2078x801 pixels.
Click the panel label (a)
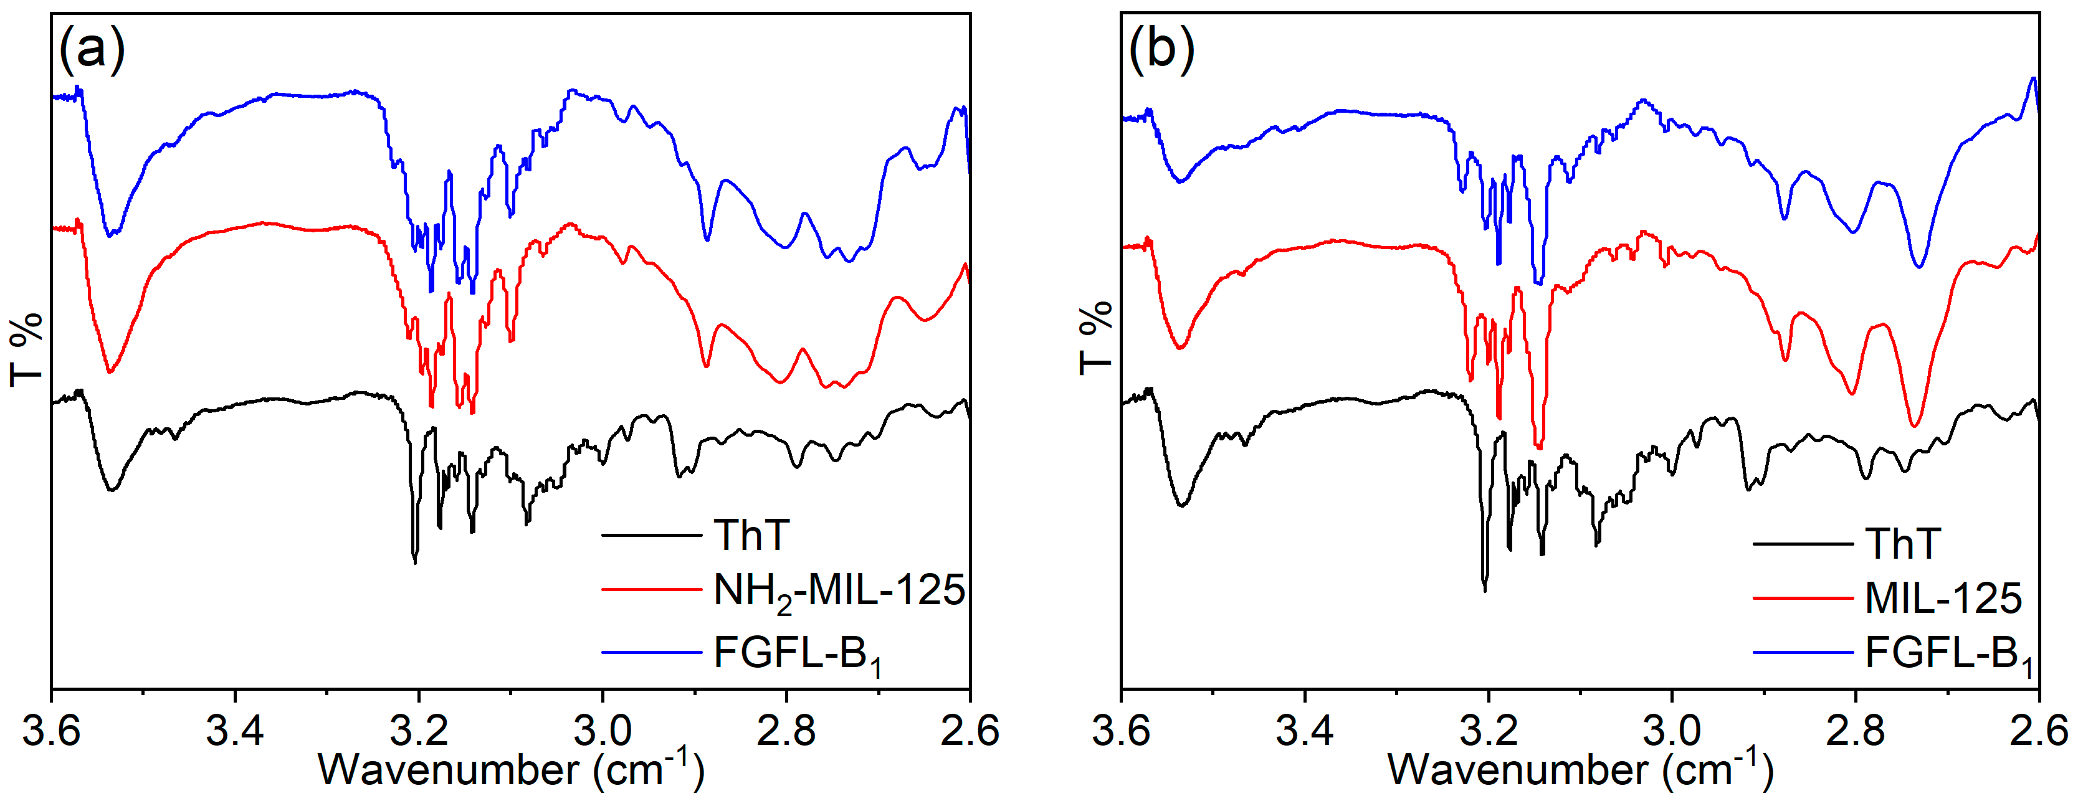(x=92, y=49)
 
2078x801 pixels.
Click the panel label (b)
(x=1161, y=49)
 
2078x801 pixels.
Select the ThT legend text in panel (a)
(x=751, y=536)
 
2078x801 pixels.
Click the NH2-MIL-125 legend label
(x=839, y=591)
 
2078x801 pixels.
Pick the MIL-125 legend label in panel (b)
(x=1943, y=599)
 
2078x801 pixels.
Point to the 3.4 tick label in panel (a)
(x=235, y=731)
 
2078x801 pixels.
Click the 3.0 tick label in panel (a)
(x=602, y=731)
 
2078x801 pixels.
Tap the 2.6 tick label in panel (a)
(x=969, y=731)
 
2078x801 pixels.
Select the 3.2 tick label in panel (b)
(x=1489, y=731)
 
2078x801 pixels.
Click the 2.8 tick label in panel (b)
(x=1856, y=731)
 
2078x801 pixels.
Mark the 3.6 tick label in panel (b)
(x=1122, y=731)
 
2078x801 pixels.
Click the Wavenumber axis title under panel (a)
(x=512, y=769)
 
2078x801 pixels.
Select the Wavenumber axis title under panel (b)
(x=1580, y=769)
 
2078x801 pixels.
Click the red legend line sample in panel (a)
(x=651, y=590)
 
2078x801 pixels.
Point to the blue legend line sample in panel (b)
(x=1803, y=652)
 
